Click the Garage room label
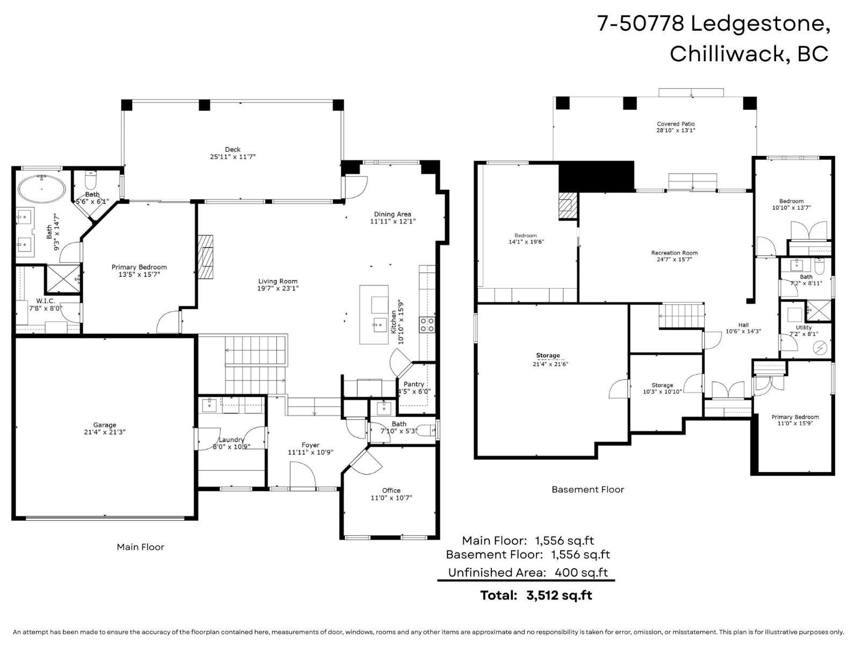click(104, 425)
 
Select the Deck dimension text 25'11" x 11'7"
click(232, 157)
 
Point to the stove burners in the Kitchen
click(427, 325)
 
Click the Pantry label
click(414, 384)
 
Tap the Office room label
click(391, 490)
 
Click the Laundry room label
click(231, 440)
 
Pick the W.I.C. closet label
click(46, 301)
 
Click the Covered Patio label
click(676, 124)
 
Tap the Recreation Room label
click(674, 253)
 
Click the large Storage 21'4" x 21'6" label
click(548, 355)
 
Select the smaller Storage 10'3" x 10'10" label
click(662, 385)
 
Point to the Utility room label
click(804, 327)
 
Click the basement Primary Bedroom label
click(795, 417)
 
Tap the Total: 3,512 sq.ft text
click(536, 595)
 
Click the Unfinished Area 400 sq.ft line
click(528, 572)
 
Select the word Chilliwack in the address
click(729, 54)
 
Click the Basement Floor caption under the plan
click(587, 489)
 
